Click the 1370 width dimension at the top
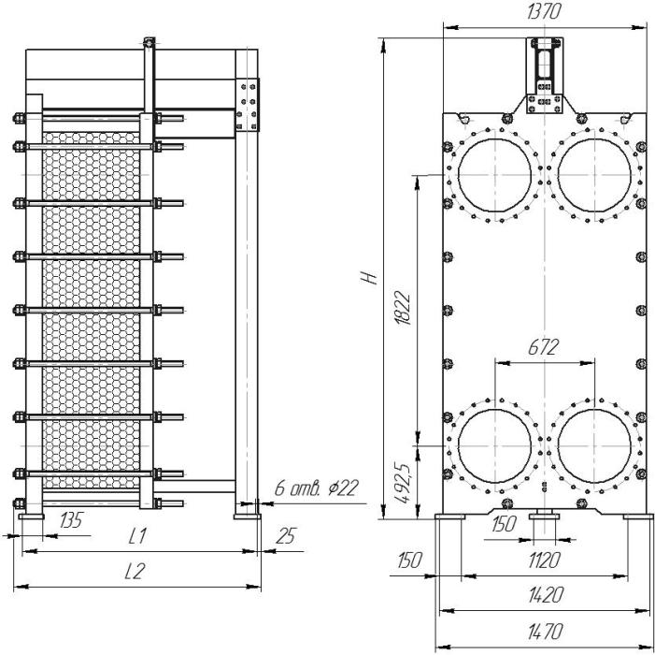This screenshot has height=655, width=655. point(543,12)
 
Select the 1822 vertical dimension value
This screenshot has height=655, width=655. point(404,308)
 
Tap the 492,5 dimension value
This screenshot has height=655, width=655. point(404,483)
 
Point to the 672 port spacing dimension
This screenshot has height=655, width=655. point(543,347)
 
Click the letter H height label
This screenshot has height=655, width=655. point(369,278)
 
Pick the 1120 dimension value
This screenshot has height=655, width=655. point(544,560)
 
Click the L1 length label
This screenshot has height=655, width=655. point(137,536)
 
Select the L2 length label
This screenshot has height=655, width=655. point(135,571)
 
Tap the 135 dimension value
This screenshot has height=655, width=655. point(71,520)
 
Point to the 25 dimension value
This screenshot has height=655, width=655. point(286,536)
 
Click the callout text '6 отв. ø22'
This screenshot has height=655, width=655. point(316,488)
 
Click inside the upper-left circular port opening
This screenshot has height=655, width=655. point(494,174)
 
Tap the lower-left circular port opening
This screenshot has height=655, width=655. point(494,446)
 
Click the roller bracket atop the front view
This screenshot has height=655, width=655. point(545,75)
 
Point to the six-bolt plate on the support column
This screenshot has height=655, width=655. point(247,105)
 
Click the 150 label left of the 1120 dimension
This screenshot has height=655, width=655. point(409,560)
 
